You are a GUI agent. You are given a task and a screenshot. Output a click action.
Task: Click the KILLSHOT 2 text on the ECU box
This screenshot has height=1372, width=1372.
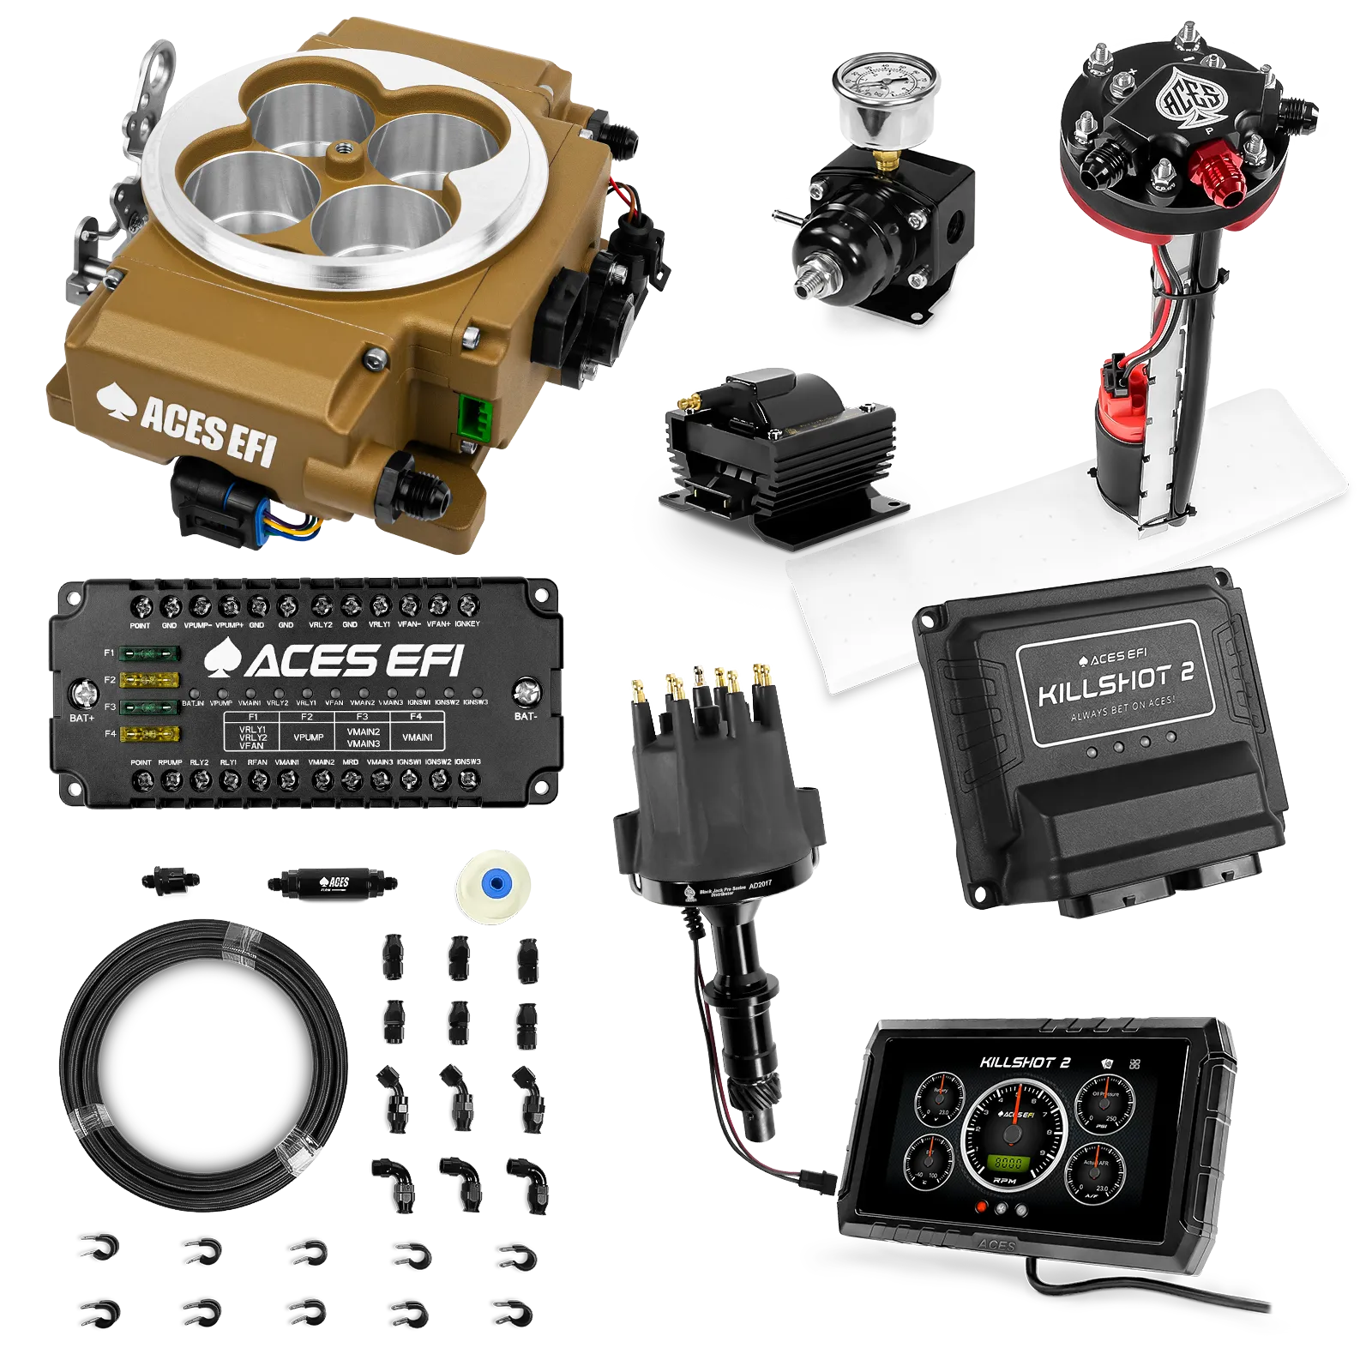[x=1115, y=684]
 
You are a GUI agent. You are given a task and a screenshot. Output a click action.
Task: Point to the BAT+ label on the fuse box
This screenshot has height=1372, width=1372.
[x=81, y=718]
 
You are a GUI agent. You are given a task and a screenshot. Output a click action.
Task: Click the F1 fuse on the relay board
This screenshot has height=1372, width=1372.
[x=149, y=654]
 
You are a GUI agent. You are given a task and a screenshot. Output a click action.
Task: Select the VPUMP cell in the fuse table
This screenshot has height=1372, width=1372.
[x=308, y=737]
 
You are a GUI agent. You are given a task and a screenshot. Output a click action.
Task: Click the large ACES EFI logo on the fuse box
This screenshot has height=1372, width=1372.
[x=334, y=660]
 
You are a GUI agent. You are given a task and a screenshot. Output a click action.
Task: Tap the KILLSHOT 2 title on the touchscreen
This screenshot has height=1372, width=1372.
[x=1025, y=1062]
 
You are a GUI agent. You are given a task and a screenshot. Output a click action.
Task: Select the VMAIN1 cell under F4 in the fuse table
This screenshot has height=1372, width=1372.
[x=418, y=737]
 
